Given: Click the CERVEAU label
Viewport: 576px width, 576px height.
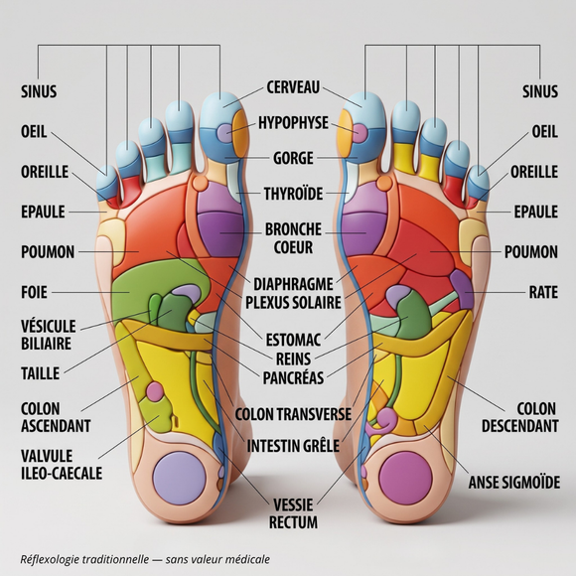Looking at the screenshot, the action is coord(293,87).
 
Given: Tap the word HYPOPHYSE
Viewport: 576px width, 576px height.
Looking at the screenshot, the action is coord(293,123).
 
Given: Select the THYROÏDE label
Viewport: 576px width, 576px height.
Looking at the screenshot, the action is coord(293,194).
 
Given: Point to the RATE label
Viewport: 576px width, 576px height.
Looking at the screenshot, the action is coord(543,292).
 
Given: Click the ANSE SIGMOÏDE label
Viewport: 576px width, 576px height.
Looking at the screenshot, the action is coord(514,483).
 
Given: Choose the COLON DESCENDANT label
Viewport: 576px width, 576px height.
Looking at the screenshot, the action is coord(520,417).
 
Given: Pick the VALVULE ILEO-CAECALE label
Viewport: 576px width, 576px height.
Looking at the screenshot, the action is coord(62,465).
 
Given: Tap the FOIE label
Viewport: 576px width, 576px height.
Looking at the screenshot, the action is coord(34,292).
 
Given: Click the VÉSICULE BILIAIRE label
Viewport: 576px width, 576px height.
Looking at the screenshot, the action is coord(48,335).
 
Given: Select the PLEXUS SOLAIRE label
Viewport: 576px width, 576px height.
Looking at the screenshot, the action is coord(293,303).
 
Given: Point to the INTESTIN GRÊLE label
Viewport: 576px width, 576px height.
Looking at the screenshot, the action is coord(293,446).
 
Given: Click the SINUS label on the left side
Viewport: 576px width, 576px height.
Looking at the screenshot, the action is coord(39,91).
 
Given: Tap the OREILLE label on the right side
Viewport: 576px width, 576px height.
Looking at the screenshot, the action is coord(534,172).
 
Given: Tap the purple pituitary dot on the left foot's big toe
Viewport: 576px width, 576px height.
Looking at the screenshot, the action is coord(224,132).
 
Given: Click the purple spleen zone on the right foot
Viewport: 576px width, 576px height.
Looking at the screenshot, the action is coord(462,289).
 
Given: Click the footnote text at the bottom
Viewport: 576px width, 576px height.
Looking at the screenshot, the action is coord(145,559).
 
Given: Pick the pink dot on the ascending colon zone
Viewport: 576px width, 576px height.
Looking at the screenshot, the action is coord(155,391).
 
